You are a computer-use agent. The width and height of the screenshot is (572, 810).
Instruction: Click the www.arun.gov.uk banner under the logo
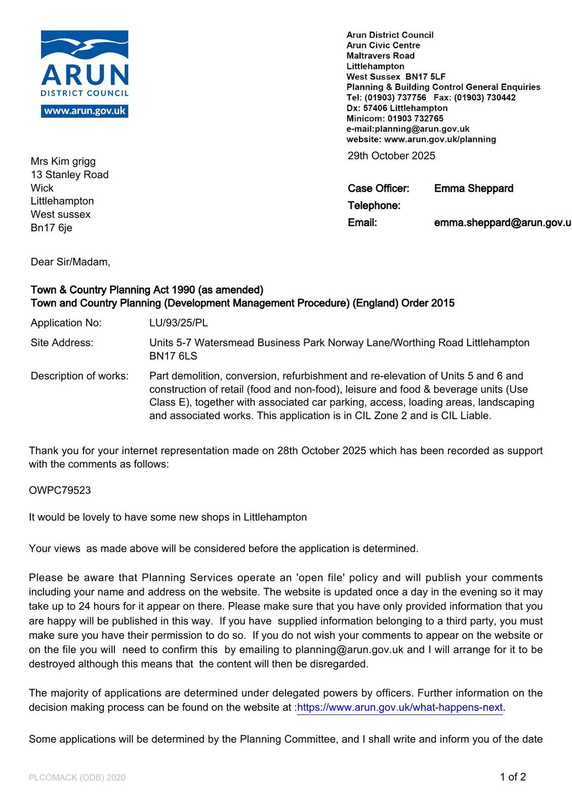tap(85, 111)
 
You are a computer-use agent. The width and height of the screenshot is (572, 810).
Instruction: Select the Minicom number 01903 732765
tap(415, 118)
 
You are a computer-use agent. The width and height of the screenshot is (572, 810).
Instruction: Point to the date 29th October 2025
tap(391, 156)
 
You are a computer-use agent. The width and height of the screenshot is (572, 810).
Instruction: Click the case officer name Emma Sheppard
tap(473, 188)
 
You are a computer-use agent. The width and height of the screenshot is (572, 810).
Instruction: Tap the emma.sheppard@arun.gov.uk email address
tap(502, 223)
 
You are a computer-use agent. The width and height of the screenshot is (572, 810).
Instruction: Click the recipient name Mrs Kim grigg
tap(63, 161)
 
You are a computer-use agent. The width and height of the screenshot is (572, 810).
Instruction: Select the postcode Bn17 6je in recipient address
tap(51, 228)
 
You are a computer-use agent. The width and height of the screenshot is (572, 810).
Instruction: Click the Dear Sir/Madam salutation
tap(70, 262)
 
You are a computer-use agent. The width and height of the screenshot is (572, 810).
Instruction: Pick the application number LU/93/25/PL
tap(178, 323)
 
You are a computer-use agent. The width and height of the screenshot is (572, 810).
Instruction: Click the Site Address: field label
tap(62, 343)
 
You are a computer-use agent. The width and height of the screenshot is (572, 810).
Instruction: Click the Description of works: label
tap(79, 376)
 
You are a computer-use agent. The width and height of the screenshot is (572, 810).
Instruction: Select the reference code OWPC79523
tap(60, 491)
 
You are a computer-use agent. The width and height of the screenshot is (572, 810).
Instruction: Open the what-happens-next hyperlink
tap(400, 708)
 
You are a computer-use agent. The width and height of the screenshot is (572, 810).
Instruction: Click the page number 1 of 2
tap(513, 777)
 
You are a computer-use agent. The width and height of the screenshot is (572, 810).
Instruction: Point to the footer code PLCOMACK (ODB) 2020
tap(77, 778)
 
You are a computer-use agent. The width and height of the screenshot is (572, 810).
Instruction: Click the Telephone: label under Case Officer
tap(374, 206)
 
